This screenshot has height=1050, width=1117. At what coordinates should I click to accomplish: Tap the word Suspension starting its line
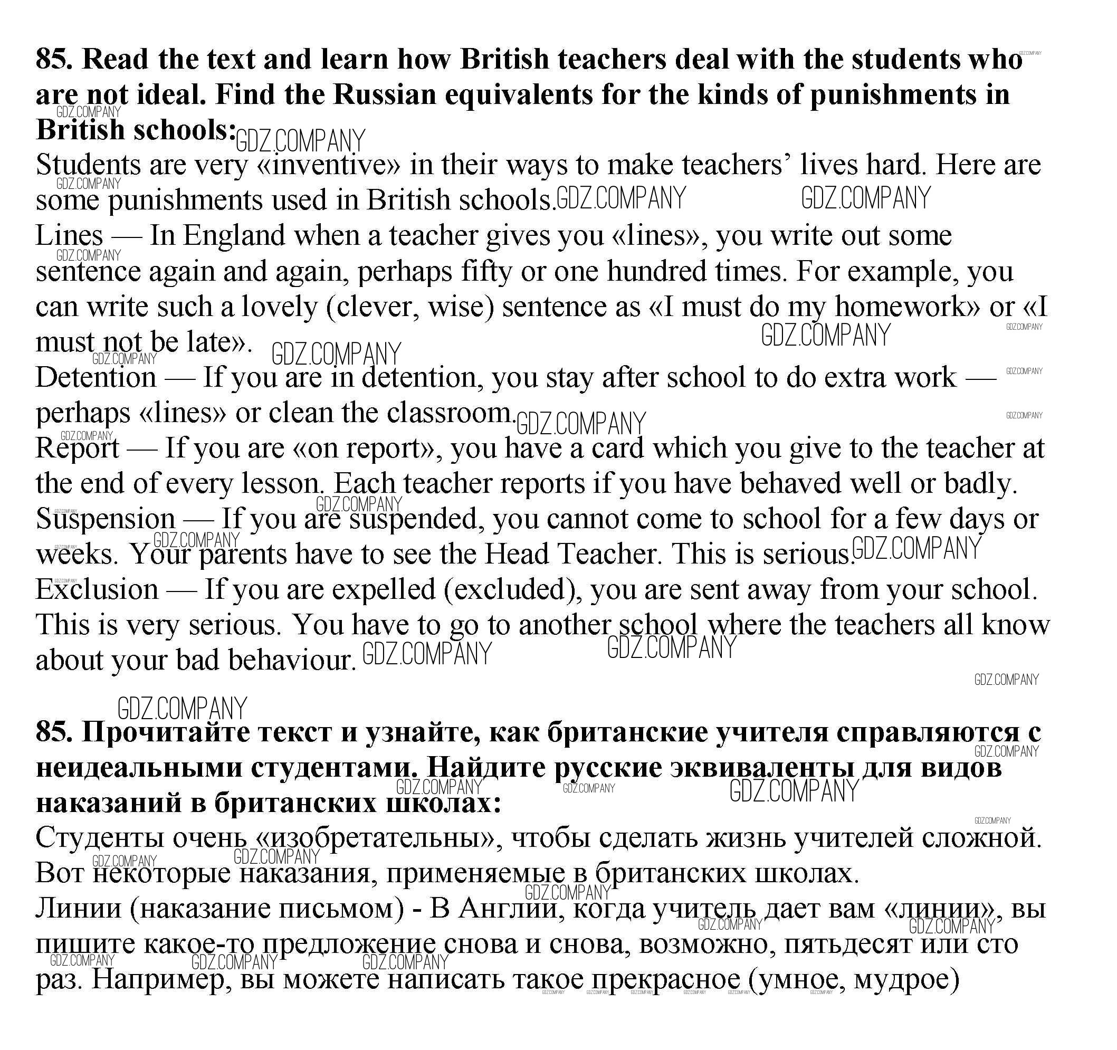[x=106, y=519]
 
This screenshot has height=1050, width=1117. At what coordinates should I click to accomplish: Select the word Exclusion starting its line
[x=97, y=589]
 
